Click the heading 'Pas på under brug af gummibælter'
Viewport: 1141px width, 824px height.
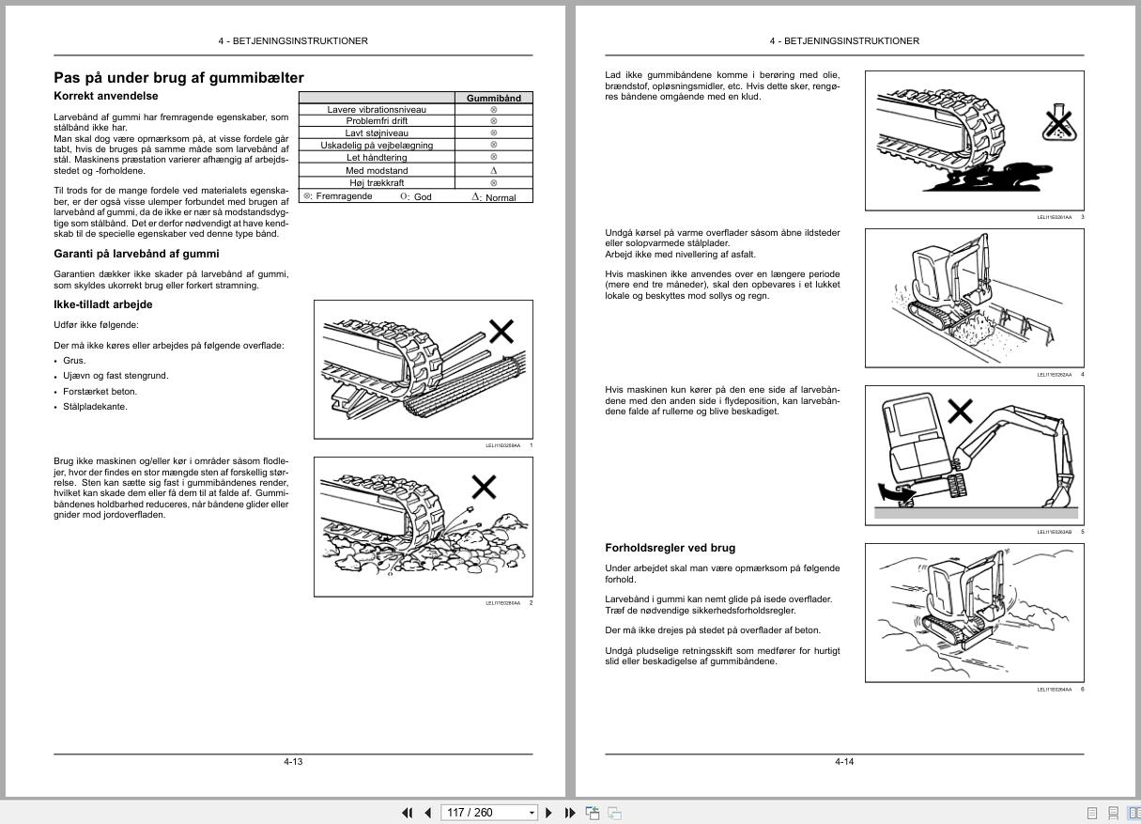tap(178, 78)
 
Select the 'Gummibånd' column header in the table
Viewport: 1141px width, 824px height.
tap(493, 98)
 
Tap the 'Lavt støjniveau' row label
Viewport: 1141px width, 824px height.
tap(377, 133)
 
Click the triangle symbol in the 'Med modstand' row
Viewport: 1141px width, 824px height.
tap(494, 171)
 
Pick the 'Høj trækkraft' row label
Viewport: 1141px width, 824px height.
tap(377, 183)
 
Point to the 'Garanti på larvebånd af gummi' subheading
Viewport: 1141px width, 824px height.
tap(136, 254)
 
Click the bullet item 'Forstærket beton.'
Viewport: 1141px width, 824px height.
tap(100, 391)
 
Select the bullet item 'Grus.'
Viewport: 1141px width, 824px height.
tap(74, 361)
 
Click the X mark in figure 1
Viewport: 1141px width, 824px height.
tap(501, 331)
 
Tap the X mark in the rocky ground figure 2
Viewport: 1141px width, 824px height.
tap(484, 487)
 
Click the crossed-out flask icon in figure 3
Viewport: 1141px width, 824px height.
tap(1057, 122)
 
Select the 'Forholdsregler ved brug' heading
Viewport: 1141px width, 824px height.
tap(670, 548)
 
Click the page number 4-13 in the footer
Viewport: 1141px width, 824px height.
tap(293, 761)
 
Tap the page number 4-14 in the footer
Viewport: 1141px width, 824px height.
tap(844, 761)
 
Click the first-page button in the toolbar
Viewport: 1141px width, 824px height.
tap(408, 813)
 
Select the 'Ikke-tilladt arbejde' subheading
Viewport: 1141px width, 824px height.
tap(102, 304)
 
